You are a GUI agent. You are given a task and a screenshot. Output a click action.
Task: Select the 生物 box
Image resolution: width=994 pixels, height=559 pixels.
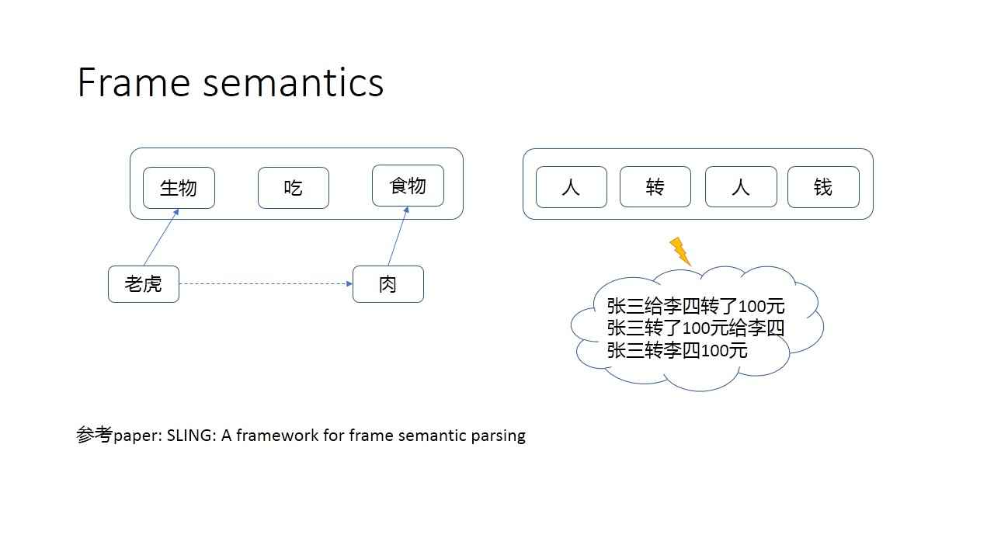click(x=179, y=188)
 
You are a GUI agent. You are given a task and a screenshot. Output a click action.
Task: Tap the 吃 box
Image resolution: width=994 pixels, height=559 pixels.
click(x=293, y=188)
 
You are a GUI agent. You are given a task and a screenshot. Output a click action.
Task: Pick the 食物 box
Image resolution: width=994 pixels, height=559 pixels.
click(x=408, y=186)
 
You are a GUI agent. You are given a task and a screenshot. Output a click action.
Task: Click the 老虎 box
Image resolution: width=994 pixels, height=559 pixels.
click(x=144, y=284)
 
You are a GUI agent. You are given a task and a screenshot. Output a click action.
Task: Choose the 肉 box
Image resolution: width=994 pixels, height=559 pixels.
click(x=388, y=284)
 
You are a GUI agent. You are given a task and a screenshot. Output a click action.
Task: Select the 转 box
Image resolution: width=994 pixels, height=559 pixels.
click(x=655, y=187)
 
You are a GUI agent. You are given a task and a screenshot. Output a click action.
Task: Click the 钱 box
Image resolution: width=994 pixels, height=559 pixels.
click(x=823, y=187)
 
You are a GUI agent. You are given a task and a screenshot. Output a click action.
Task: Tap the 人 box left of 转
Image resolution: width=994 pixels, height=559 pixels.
click(x=571, y=187)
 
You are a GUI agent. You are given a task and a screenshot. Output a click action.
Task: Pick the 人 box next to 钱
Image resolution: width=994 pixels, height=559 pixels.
click(x=740, y=187)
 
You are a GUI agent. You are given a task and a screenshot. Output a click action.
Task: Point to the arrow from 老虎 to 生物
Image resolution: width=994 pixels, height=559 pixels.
click(x=161, y=238)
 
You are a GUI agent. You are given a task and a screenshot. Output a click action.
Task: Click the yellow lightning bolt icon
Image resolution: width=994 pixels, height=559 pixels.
click(x=680, y=251)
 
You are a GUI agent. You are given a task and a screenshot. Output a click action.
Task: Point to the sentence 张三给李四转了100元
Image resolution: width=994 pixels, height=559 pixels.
click(x=696, y=305)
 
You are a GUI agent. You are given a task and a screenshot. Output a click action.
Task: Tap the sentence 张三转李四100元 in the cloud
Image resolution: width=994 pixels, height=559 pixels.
click(x=677, y=350)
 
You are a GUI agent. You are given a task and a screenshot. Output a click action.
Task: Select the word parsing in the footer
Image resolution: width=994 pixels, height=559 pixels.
click(x=498, y=436)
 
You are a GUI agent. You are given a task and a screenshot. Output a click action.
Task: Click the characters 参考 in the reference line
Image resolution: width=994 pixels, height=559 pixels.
click(x=95, y=435)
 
